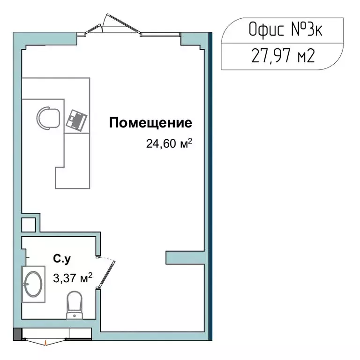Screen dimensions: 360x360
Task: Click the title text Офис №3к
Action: [x=285, y=31]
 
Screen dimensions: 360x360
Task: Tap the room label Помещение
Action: [x=150, y=123]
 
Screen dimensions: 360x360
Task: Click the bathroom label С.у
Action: [x=62, y=258]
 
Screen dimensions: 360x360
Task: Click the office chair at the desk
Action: [x=48, y=117]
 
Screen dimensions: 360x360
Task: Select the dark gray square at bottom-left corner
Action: [x=17, y=335]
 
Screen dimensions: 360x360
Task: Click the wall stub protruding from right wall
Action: [x=185, y=257]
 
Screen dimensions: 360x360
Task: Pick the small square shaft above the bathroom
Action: [x=29, y=225]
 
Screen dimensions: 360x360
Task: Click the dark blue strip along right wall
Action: [x=210, y=187]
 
